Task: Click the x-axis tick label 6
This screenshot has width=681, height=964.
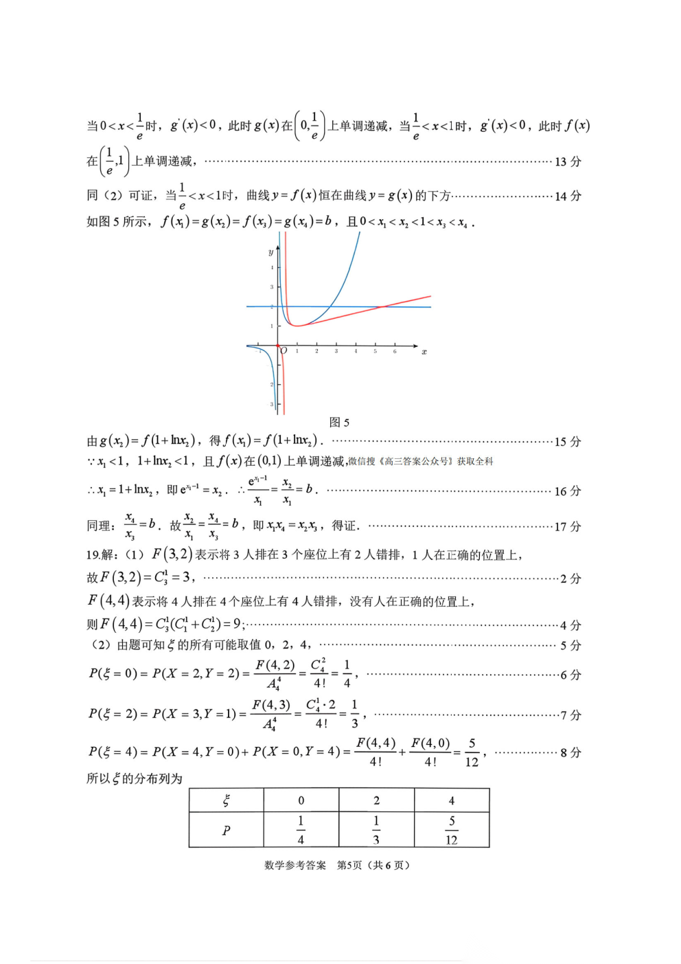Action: (395, 351)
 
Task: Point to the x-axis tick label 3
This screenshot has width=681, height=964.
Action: (336, 351)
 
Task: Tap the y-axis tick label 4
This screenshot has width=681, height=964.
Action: (272, 267)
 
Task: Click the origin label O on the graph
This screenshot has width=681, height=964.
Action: (284, 351)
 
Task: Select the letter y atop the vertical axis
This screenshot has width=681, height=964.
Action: (270, 253)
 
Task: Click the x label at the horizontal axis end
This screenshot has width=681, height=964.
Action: (424, 352)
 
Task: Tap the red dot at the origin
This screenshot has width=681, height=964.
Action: (278, 346)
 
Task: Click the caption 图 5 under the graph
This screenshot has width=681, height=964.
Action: (339, 422)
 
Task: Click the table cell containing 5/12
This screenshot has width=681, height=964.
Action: (452, 830)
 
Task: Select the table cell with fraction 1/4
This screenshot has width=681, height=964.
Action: (301, 830)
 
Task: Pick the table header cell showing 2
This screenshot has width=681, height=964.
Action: (376, 800)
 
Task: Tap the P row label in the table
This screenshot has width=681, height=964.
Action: (226, 830)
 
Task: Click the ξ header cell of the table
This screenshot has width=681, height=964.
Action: (226, 800)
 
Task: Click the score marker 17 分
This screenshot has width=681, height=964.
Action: (567, 526)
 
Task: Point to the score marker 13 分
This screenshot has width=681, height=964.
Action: (567, 161)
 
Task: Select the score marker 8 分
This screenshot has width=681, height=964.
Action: (570, 752)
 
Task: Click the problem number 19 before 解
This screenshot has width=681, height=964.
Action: (93, 554)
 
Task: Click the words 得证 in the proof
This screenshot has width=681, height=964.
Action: (343, 526)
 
